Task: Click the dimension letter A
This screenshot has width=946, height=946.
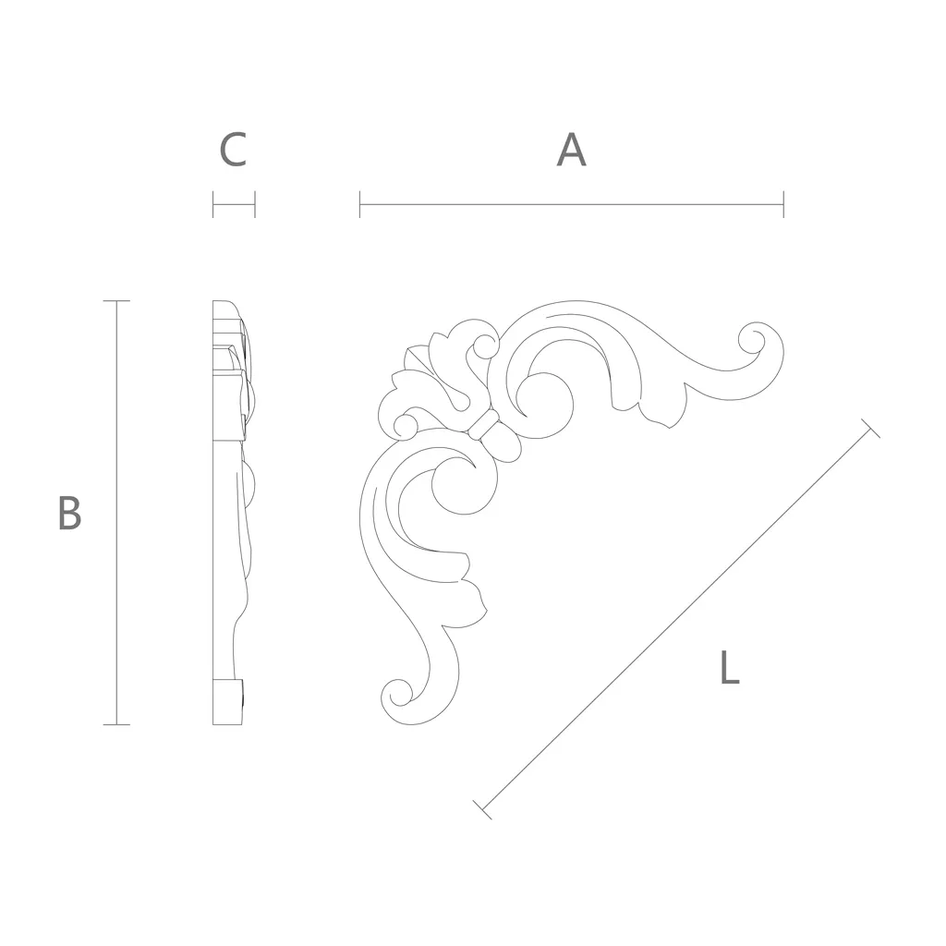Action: tap(571, 150)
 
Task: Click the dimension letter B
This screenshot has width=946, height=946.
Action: tap(69, 513)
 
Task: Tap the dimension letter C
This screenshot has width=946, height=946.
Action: tap(233, 150)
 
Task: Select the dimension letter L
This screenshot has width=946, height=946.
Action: tap(730, 667)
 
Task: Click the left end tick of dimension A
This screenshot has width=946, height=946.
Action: tap(359, 204)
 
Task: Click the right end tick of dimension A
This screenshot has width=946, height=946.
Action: tap(783, 204)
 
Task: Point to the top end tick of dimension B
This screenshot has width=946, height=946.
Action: tap(116, 300)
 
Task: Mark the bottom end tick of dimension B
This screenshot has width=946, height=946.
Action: tap(116, 724)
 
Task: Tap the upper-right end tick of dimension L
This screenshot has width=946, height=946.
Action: tap(870, 428)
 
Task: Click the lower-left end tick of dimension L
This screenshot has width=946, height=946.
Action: tap(482, 810)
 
